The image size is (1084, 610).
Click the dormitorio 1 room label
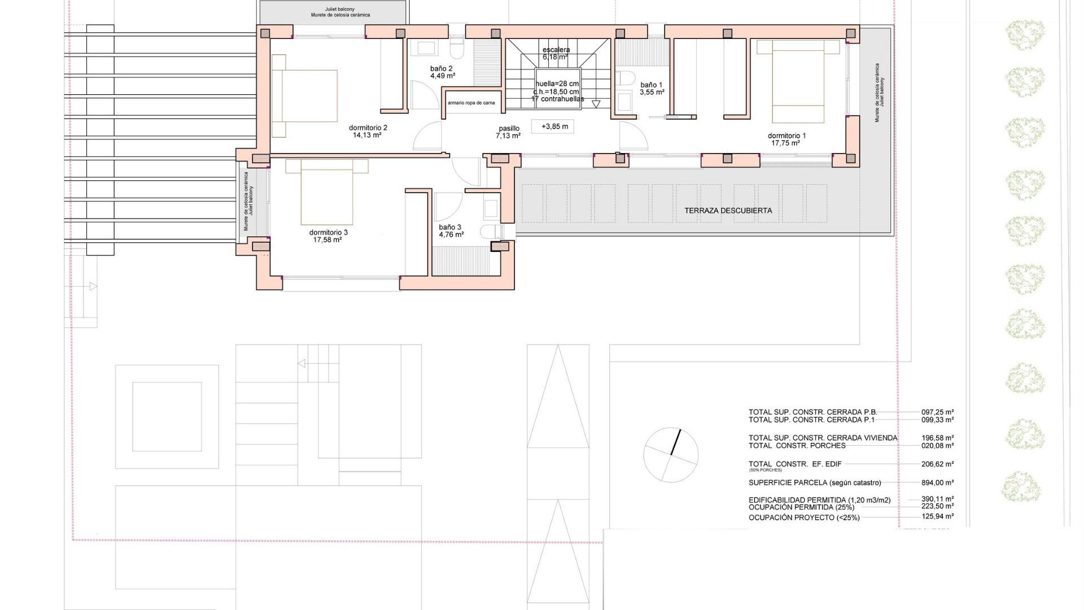click(x=786, y=136)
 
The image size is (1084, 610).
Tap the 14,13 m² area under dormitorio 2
click(x=367, y=136)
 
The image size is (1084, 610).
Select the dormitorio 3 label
click(x=328, y=232)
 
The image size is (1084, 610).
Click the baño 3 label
click(x=450, y=227)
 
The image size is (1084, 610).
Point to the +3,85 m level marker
click(x=554, y=127)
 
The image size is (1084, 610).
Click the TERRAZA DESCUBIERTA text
click(x=728, y=210)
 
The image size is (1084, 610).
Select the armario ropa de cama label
click(x=471, y=103)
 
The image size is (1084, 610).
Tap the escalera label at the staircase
click(x=556, y=50)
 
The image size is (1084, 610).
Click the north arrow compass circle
click(x=671, y=455)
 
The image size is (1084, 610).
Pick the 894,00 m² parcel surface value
click(x=938, y=482)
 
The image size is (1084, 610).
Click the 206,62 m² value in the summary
click(x=938, y=464)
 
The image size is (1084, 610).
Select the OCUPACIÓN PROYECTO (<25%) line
click(x=803, y=517)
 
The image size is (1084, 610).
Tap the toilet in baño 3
click(x=491, y=232)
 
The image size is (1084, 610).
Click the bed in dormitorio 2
click(x=305, y=96)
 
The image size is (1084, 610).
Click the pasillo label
click(x=509, y=128)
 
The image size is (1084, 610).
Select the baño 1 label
click(x=651, y=85)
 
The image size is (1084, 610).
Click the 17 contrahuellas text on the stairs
click(x=557, y=99)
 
